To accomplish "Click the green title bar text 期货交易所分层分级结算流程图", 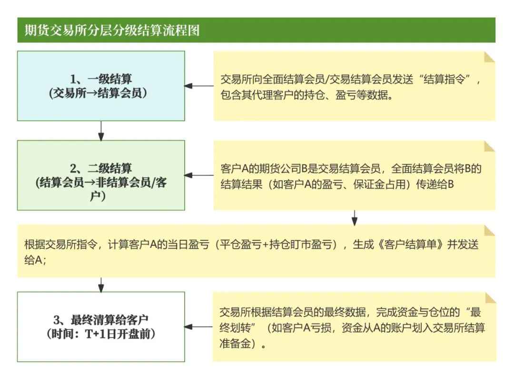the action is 112,31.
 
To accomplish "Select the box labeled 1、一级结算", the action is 101,86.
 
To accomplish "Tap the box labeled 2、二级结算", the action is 101,175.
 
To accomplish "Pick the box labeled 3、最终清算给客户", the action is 101,327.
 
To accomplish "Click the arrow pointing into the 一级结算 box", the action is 199,86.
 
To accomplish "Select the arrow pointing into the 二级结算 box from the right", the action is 199,175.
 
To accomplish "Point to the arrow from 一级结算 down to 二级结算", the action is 101,131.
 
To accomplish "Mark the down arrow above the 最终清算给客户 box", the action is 101,285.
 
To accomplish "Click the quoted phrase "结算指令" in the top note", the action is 450,79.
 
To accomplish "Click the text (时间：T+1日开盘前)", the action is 101,334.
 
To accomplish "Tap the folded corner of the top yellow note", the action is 489,57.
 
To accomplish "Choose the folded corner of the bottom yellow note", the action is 489,298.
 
